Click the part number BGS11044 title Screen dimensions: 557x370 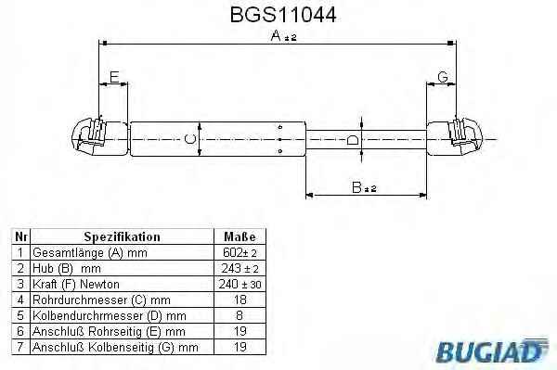(x=283, y=15)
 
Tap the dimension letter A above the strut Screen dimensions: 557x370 (x=276, y=35)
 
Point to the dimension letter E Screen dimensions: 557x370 (x=114, y=77)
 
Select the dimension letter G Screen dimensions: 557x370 (x=443, y=77)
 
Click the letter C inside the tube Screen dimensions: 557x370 (x=190, y=139)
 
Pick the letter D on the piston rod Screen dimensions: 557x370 (x=353, y=141)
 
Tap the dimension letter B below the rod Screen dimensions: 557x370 (x=356, y=187)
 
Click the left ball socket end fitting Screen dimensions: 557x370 (x=100, y=137)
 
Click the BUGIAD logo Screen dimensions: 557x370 (x=492, y=351)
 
